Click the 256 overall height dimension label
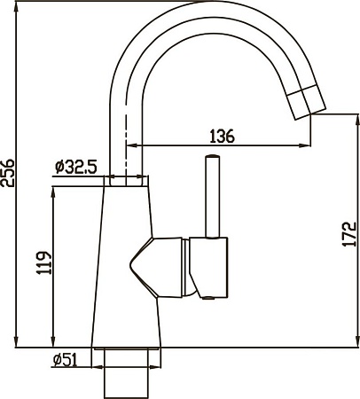[x=7, y=173]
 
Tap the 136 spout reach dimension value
[x=222, y=136]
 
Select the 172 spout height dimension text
[x=349, y=233]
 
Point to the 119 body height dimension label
[x=44, y=262]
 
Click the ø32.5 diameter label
[x=76, y=168]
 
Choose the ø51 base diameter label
[x=65, y=360]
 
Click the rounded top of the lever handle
[x=213, y=156]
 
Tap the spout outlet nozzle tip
[x=306, y=101]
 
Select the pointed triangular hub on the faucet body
[x=141, y=267]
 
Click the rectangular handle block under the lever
[x=208, y=267]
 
